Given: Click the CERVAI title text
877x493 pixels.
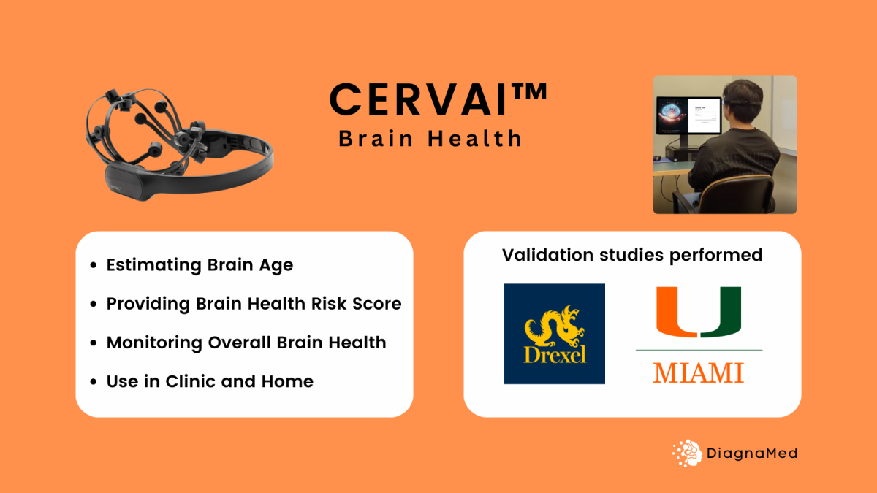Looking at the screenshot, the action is (418, 99).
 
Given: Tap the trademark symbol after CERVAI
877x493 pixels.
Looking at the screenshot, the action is (528, 92).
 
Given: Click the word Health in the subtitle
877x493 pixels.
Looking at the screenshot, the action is (474, 139).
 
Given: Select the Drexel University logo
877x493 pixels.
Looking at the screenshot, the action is (555, 334).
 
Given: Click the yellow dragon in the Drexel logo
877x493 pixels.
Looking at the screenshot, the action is (555, 326).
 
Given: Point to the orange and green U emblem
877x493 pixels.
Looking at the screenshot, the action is (699, 312).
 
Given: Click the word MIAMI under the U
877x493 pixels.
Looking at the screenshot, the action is (699, 372).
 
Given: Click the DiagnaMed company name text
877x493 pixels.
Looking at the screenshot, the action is (752, 454).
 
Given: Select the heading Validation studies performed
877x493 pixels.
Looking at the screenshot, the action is (632, 255).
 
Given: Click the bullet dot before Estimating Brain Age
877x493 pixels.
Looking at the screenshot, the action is (94, 265).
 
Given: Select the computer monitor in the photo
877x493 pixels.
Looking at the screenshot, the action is (689, 115).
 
